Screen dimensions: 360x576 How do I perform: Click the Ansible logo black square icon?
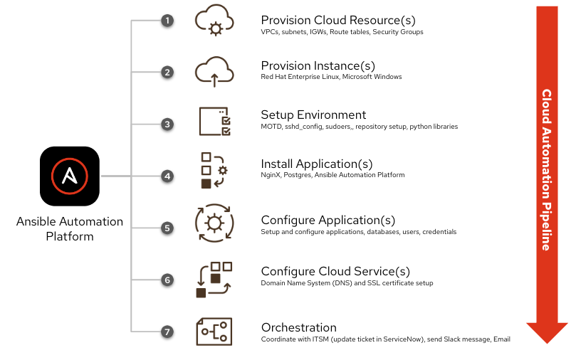(70, 176)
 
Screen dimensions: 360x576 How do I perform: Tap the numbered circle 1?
(167, 21)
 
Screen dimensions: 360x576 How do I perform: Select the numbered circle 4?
(167, 176)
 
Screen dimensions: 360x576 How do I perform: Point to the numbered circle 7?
(167, 332)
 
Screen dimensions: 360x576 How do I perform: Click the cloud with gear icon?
(214, 21)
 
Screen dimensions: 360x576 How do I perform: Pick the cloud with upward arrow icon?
(214, 71)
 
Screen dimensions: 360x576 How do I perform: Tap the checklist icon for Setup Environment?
(214, 121)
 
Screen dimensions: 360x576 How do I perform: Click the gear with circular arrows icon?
(214, 223)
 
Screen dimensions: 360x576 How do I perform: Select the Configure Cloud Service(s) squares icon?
(214, 279)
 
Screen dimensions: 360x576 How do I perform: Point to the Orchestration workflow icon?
(214, 332)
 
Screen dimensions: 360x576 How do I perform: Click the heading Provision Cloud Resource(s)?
(337, 20)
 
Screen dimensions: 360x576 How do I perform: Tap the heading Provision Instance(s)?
(318, 65)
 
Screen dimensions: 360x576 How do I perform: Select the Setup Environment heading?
(313, 115)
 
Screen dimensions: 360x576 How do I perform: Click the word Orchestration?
(298, 327)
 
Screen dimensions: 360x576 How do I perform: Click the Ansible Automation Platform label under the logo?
(70, 228)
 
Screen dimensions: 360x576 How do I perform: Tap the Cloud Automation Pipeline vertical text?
(546, 169)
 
